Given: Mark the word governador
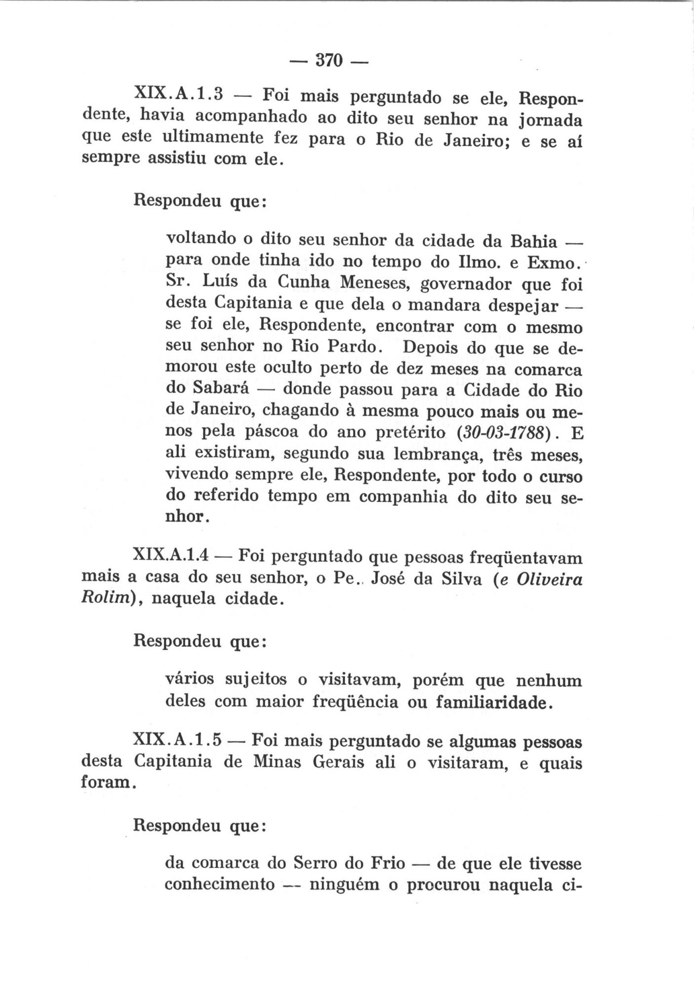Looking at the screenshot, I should pos(462,285).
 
